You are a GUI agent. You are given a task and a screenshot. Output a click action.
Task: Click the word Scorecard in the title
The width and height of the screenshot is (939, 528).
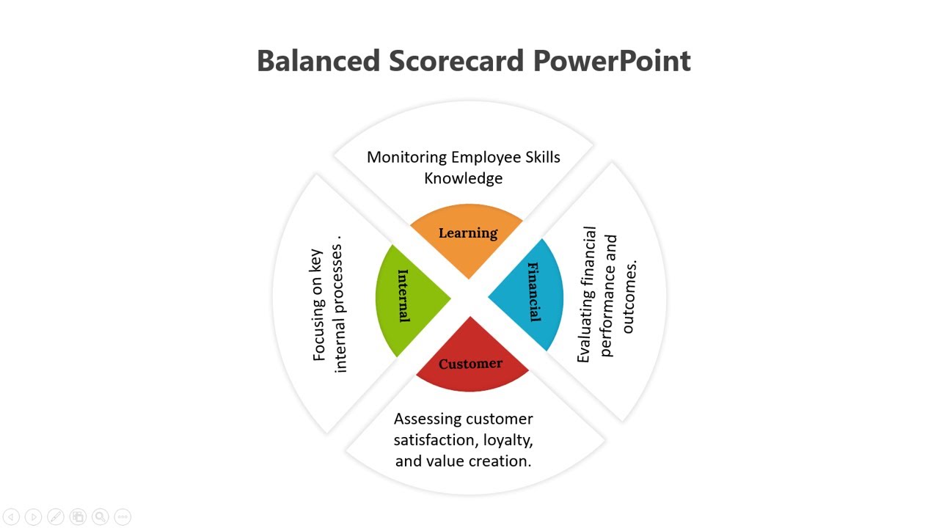pyautogui.click(x=456, y=61)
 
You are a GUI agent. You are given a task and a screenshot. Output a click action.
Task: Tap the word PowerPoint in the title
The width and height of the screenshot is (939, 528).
pyautogui.click(x=612, y=61)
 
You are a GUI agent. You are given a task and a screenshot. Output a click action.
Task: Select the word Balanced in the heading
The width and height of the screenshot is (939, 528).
pyautogui.click(x=318, y=61)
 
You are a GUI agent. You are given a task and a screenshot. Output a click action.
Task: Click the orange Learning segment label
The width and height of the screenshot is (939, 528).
pyautogui.click(x=468, y=233)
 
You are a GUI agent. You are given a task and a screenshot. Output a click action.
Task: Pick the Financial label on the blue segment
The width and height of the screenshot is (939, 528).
pyautogui.click(x=533, y=292)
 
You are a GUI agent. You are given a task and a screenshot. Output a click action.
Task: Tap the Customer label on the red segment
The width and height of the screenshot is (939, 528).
pyautogui.click(x=470, y=363)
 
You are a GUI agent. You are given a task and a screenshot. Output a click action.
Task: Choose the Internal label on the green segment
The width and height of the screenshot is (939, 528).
pyautogui.click(x=403, y=296)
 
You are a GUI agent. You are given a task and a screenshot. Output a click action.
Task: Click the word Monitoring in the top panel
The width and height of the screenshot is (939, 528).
pyautogui.click(x=407, y=158)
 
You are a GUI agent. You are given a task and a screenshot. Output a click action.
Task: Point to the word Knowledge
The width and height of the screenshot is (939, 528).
pyautogui.click(x=463, y=178)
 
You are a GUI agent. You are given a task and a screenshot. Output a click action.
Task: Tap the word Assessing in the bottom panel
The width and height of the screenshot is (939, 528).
pyautogui.click(x=427, y=419)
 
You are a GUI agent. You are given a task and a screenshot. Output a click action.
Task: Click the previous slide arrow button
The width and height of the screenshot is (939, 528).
pyautogui.click(x=11, y=517)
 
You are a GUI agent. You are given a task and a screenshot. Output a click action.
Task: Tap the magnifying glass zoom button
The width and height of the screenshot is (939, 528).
pyautogui.click(x=101, y=517)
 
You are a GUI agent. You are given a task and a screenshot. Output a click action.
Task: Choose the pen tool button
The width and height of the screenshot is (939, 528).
pyautogui.click(x=56, y=517)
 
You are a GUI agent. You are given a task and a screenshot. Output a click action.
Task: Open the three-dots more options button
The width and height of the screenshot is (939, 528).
pyautogui.click(x=123, y=517)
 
